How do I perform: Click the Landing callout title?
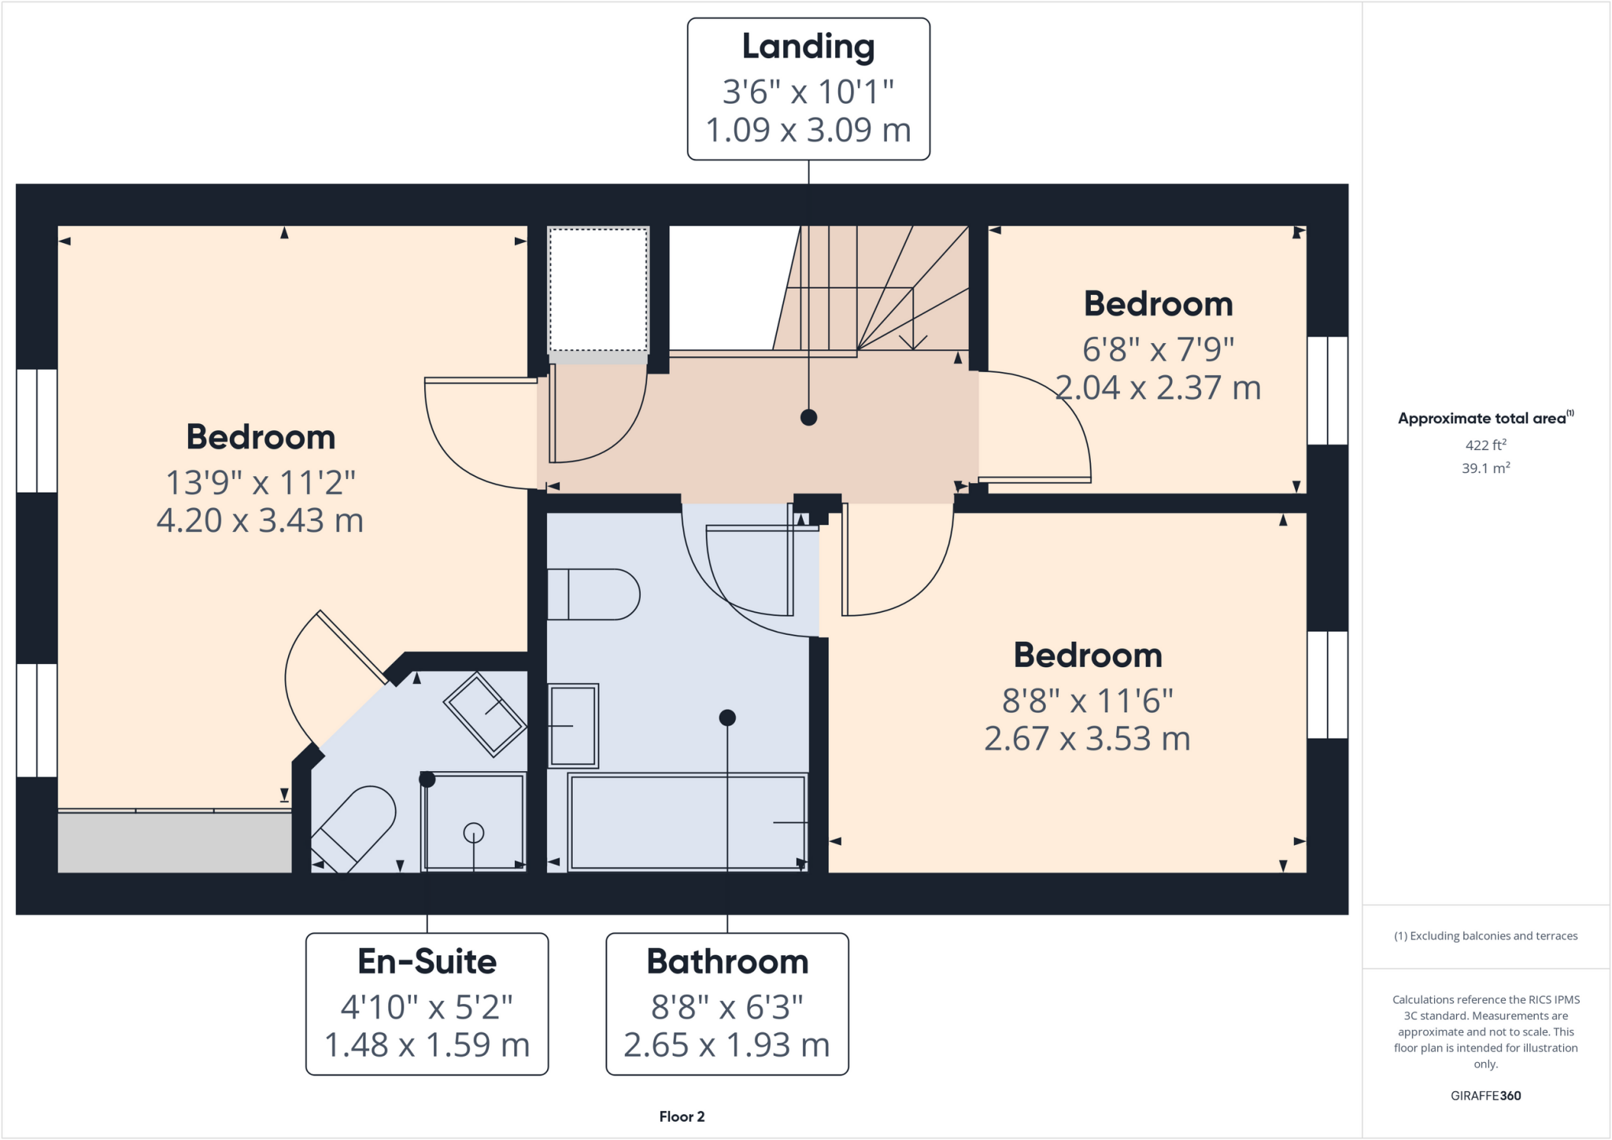click(808, 47)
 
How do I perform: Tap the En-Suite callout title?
click(427, 961)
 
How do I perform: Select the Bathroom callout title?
click(727, 961)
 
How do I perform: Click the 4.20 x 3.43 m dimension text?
click(260, 521)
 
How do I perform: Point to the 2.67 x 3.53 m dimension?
click(1087, 739)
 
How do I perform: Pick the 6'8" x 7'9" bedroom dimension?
click(1158, 349)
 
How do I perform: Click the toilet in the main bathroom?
click(594, 594)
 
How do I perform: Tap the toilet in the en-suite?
click(354, 826)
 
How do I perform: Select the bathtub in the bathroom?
click(687, 822)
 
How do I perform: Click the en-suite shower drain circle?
click(474, 832)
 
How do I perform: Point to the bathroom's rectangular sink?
click(573, 725)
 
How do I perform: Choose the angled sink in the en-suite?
click(485, 714)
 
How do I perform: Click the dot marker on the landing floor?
click(808, 418)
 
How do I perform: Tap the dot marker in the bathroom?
click(727, 718)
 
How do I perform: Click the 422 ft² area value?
click(1485, 445)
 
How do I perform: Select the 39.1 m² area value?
click(1485, 468)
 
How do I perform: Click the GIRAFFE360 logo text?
click(1485, 1095)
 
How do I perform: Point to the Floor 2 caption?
click(682, 1116)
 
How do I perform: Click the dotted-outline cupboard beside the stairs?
click(598, 290)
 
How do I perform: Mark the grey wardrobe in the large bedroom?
click(175, 842)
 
